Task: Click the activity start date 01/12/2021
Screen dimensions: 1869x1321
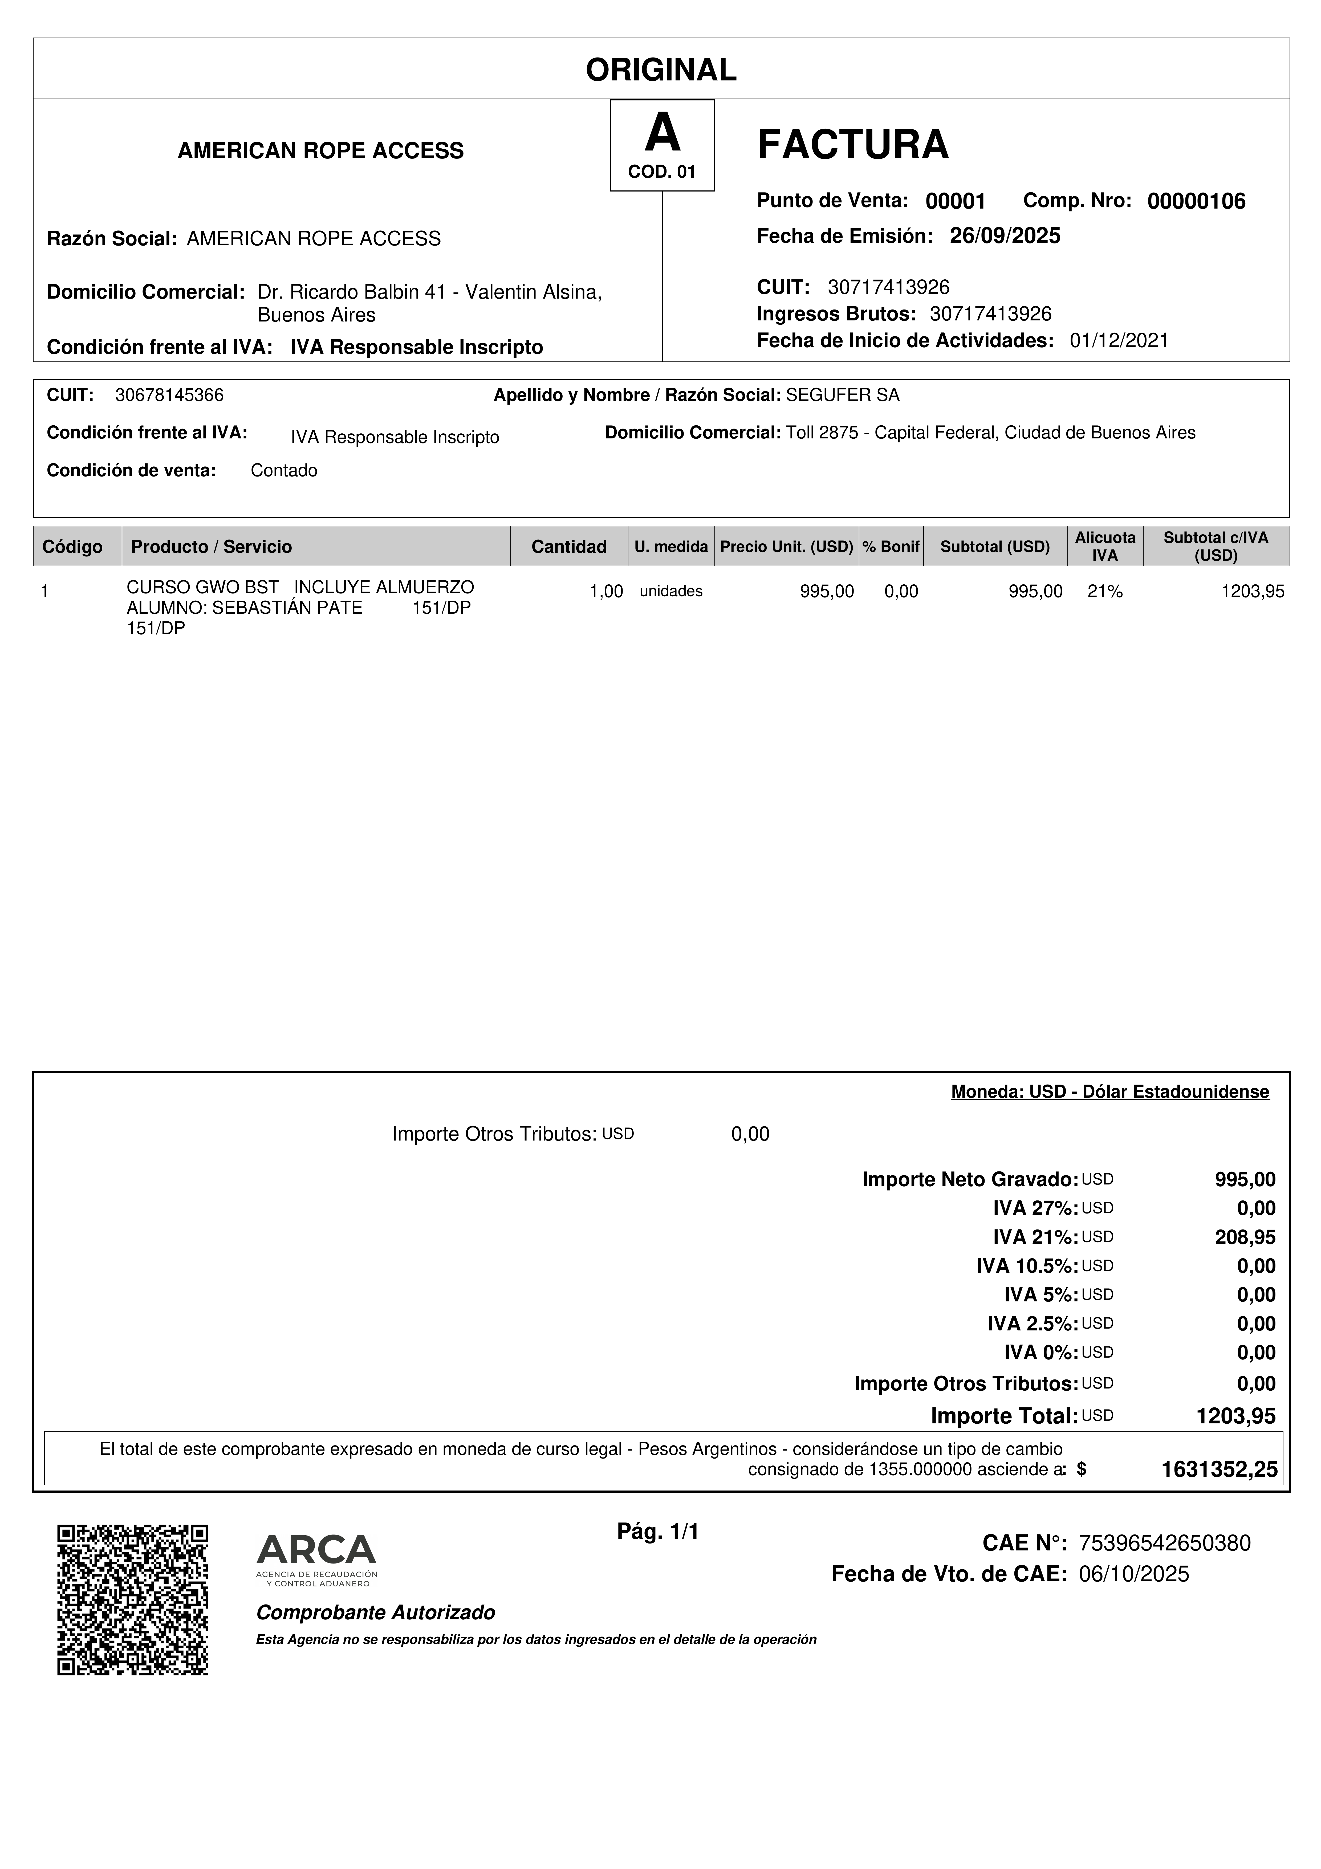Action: tap(1118, 340)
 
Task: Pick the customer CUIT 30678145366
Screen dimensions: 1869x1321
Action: tap(169, 396)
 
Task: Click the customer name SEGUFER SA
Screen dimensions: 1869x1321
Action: tap(842, 396)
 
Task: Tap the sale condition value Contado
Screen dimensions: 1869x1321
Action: tap(283, 470)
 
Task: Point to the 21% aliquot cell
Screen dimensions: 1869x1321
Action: tap(1104, 592)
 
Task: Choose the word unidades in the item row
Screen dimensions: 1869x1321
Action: tap(671, 592)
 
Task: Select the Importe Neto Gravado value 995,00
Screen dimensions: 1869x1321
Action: tap(1245, 1179)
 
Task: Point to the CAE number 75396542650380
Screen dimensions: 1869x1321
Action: tap(1164, 1544)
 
